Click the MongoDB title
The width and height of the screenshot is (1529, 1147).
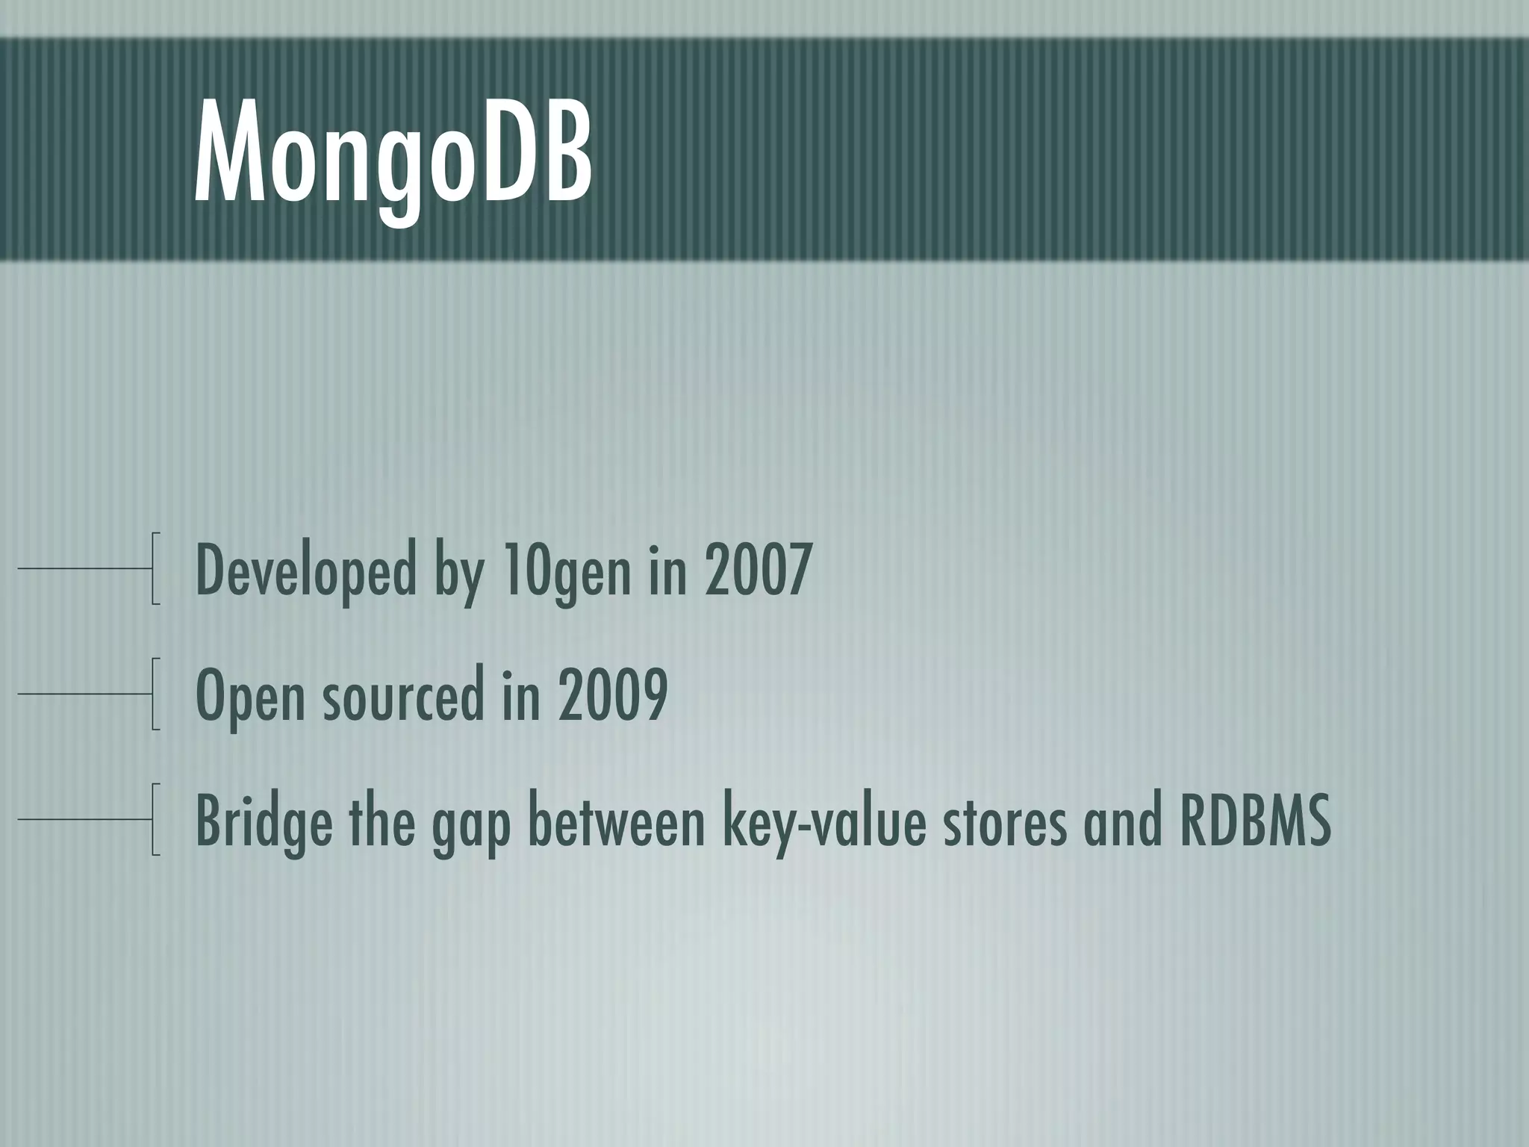[x=393, y=157]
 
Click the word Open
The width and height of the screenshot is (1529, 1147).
[x=250, y=696]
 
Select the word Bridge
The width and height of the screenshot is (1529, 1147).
[x=264, y=821]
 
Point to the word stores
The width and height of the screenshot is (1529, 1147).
[x=1004, y=821]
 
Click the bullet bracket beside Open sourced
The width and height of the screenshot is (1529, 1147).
[x=155, y=694]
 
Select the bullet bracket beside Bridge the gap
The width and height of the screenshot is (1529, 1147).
[x=155, y=819]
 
